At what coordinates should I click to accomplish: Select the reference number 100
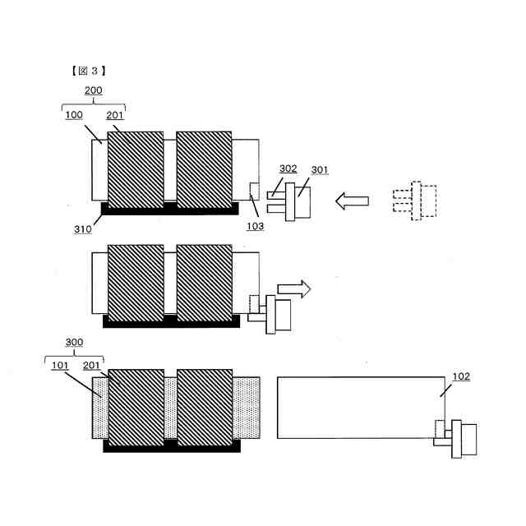73,116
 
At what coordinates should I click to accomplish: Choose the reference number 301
319,171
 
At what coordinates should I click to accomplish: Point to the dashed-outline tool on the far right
416,200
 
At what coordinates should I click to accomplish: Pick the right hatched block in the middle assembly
205,282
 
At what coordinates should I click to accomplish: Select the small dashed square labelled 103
254,190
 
